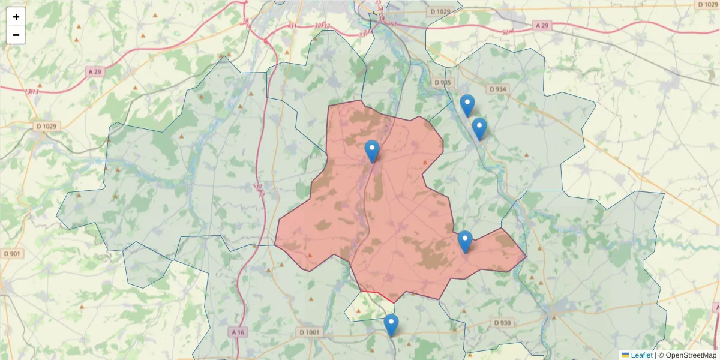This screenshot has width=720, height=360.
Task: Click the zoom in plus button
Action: point(16,17)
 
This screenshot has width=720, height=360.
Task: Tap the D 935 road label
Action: point(442,82)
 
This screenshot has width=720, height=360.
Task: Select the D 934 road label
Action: point(498,89)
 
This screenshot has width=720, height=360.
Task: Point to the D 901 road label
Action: point(12,254)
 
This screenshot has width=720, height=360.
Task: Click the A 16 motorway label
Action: point(238,332)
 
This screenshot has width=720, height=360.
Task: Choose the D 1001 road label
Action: point(310,332)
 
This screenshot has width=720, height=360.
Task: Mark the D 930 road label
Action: point(502,323)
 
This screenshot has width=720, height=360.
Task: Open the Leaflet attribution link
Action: point(641,355)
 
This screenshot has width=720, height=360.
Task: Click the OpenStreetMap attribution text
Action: point(687,355)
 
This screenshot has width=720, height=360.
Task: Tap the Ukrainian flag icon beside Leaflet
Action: point(625,355)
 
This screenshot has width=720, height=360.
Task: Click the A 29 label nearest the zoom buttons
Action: point(95,71)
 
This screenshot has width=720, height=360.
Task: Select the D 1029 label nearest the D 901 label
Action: point(46,126)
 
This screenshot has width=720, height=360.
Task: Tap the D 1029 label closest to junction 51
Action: point(440,12)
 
